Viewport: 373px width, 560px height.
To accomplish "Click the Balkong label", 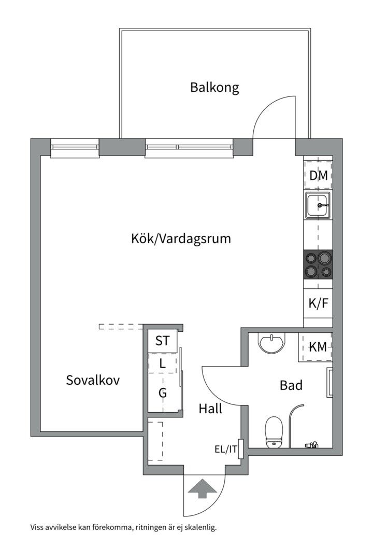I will (x=214, y=87).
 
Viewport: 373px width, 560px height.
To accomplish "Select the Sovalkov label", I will (x=93, y=380).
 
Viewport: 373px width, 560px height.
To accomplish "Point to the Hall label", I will (x=210, y=409).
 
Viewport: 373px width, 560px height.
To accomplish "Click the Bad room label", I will (x=291, y=385).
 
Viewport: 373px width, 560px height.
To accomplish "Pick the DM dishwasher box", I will (x=318, y=176).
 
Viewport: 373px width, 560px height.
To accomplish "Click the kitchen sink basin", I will (x=318, y=206).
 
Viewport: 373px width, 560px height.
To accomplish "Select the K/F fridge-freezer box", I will (x=318, y=303).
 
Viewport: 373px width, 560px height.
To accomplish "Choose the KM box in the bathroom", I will (x=317, y=347).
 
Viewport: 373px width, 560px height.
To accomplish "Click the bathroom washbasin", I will (x=271, y=343).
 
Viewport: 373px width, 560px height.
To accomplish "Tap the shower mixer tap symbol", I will (x=311, y=444).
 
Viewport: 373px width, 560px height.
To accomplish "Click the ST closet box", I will (x=163, y=341).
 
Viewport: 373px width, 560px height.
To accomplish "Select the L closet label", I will (x=163, y=363).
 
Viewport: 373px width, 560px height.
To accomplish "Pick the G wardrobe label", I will (x=163, y=393).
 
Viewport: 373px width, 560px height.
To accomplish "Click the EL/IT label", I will (x=226, y=449).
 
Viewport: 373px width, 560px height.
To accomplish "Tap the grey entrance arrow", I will (x=202, y=489).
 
